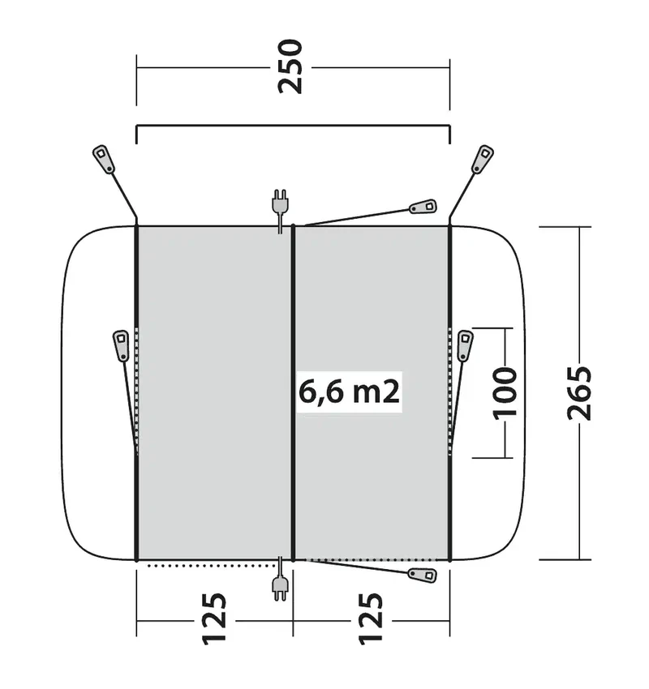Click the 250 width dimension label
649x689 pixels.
pos(290,66)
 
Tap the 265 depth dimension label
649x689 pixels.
pos(579,393)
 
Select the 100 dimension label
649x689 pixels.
pos(505,393)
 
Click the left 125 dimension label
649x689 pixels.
pos(214,619)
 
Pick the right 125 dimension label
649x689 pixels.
pos(371,619)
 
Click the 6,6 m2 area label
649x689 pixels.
pos(350,392)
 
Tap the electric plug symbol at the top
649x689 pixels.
pos(280,211)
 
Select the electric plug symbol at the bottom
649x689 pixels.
pos(280,579)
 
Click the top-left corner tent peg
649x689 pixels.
pos(104,159)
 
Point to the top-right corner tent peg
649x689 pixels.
pos(483,159)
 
